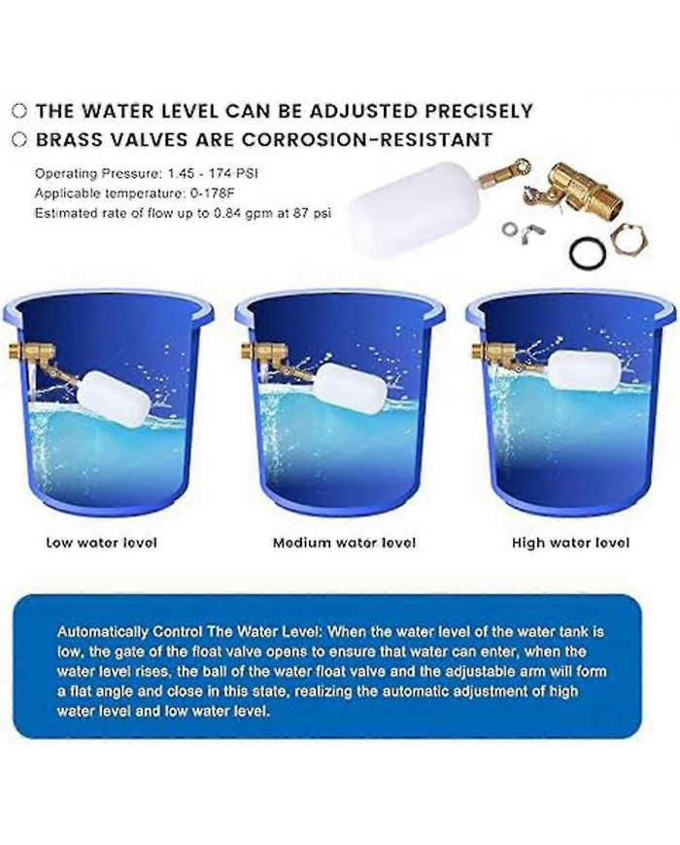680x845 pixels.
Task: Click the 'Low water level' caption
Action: pos(101,542)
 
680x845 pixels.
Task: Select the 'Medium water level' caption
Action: pos(344,542)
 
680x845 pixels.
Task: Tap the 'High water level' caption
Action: pos(570,543)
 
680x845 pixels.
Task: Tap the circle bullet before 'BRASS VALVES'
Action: pos(19,139)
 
